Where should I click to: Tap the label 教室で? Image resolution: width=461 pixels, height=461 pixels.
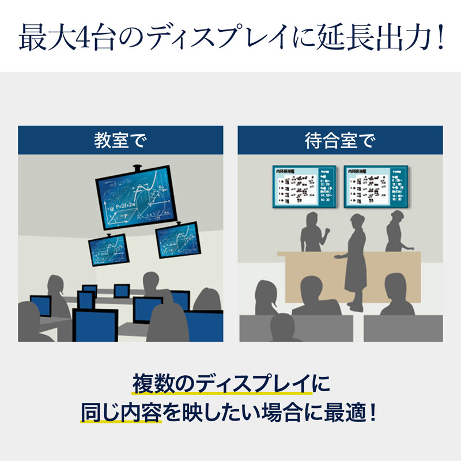pos(120,141)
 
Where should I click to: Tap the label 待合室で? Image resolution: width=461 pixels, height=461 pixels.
pos(340,141)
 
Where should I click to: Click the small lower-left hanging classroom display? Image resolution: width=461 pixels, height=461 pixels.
pos(108,250)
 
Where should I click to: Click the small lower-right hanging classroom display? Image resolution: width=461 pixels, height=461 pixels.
pos(176,240)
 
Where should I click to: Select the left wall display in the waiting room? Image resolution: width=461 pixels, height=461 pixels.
pos(304,186)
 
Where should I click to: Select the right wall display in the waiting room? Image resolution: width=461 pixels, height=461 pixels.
pos(376,186)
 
